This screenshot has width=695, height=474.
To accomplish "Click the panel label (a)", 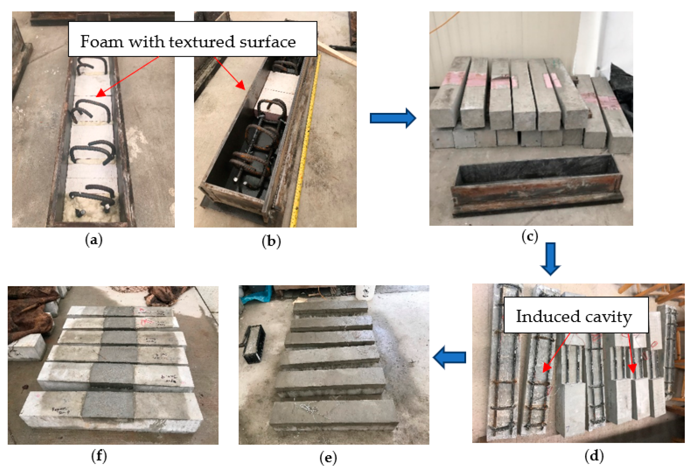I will (94, 240).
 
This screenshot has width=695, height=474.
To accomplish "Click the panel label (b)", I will (271, 241).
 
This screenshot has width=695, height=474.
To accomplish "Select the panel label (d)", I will (594, 456).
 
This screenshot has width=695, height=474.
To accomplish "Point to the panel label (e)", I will (328, 458).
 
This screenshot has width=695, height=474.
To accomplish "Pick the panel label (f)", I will (99, 456).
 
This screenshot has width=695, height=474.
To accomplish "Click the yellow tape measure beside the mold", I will (307, 144).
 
